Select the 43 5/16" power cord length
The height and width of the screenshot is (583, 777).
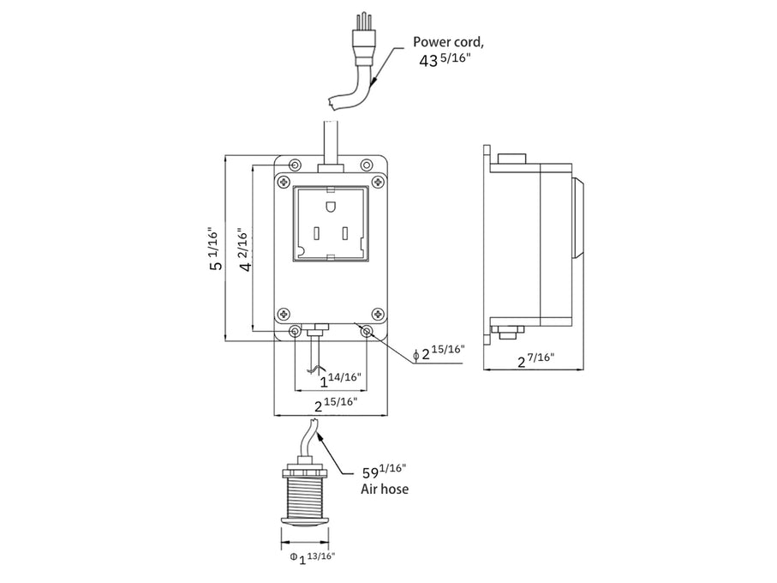coord(445,61)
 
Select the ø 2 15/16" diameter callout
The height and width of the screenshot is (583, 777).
coord(442,352)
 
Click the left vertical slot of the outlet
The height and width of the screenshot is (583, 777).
coord(316,233)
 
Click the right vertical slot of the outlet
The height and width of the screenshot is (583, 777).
coord(346,233)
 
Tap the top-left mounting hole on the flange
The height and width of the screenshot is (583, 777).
coord(296,165)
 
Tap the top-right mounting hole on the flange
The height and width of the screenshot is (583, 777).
coord(367,165)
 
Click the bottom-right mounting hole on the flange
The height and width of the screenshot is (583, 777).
coord(368,331)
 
